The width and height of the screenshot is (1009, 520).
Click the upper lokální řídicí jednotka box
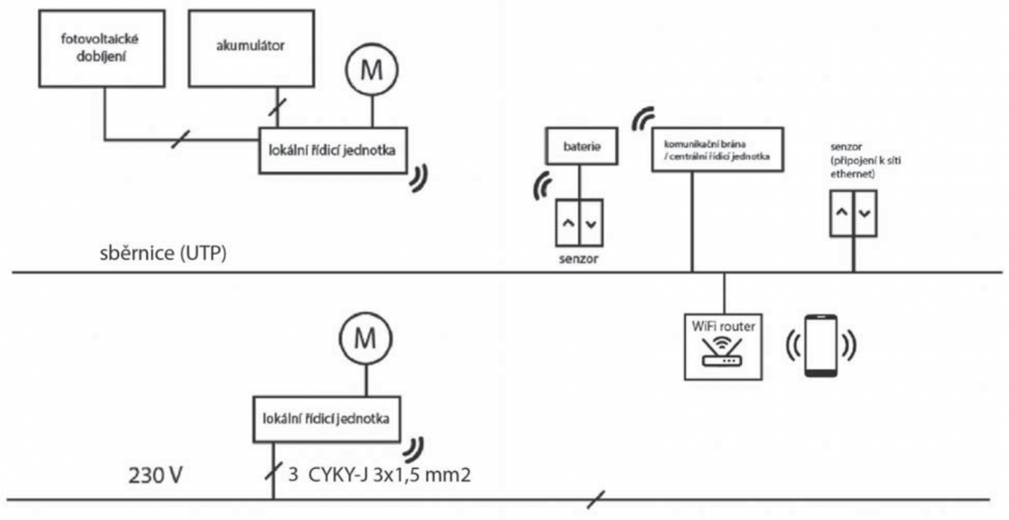pyautogui.click(x=332, y=149)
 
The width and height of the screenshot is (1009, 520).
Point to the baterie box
pyautogui.click(x=580, y=148)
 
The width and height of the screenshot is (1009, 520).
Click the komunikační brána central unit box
pyautogui.click(x=714, y=149)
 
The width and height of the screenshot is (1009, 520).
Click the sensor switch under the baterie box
pyautogui.click(x=580, y=222)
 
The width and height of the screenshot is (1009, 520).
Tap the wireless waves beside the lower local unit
pyautogui.click(x=415, y=448)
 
